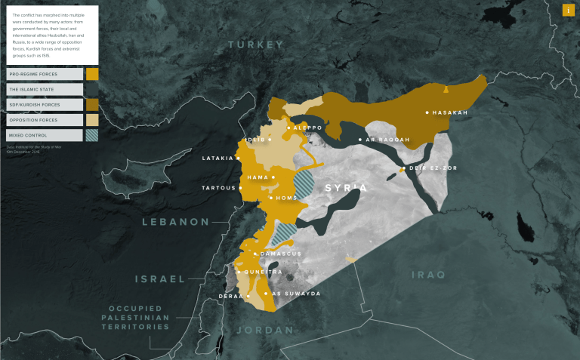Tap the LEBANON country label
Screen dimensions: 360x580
(175, 222)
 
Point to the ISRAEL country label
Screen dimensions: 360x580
(160, 278)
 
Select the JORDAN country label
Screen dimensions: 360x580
(264, 330)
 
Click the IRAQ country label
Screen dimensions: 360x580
(428, 274)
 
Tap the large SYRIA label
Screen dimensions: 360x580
(345, 186)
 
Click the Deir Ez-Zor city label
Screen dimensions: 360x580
(429, 168)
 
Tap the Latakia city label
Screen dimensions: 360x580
(218, 158)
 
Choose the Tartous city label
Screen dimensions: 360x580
(218, 188)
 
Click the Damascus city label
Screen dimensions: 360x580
(280, 254)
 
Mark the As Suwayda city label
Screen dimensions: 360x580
(296, 293)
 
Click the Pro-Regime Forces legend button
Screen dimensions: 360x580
(45, 74)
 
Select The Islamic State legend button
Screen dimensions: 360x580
(45, 89)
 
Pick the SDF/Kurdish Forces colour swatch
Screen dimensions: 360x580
(92, 104)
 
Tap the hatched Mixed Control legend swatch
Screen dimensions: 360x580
(92, 135)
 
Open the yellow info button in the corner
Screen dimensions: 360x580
(568, 10)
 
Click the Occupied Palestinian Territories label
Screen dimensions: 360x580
(139, 318)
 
